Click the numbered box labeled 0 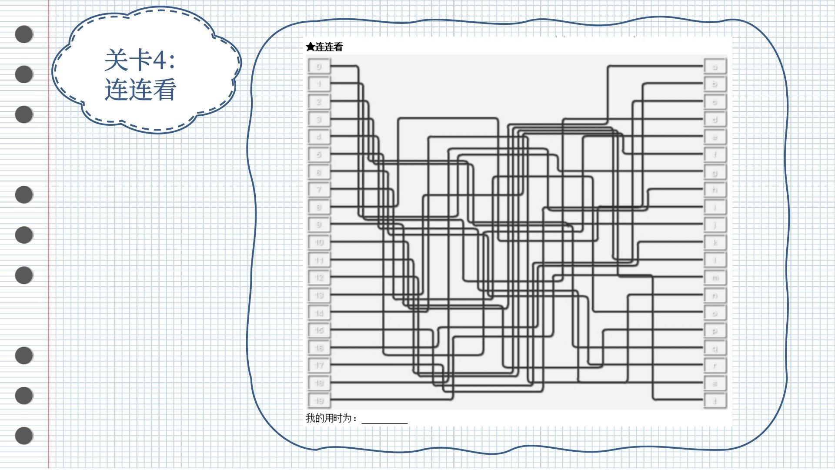[x=319, y=67]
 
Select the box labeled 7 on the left [x=319, y=189]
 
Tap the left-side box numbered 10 [x=319, y=242]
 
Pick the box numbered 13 [x=319, y=295]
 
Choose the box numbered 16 [x=319, y=348]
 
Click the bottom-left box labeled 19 [x=319, y=400]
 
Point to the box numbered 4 [x=319, y=137]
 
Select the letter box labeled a [x=715, y=67]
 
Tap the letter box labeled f [x=715, y=154]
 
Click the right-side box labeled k [x=715, y=242]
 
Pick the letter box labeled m [x=715, y=278]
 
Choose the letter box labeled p [x=715, y=331]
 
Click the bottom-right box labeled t [x=715, y=401]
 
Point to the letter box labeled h [x=715, y=190]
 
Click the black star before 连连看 [x=310, y=47]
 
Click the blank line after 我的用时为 [x=384, y=420]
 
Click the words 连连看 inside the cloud [x=140, y=90]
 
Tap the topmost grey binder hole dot [x=24, y=34]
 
